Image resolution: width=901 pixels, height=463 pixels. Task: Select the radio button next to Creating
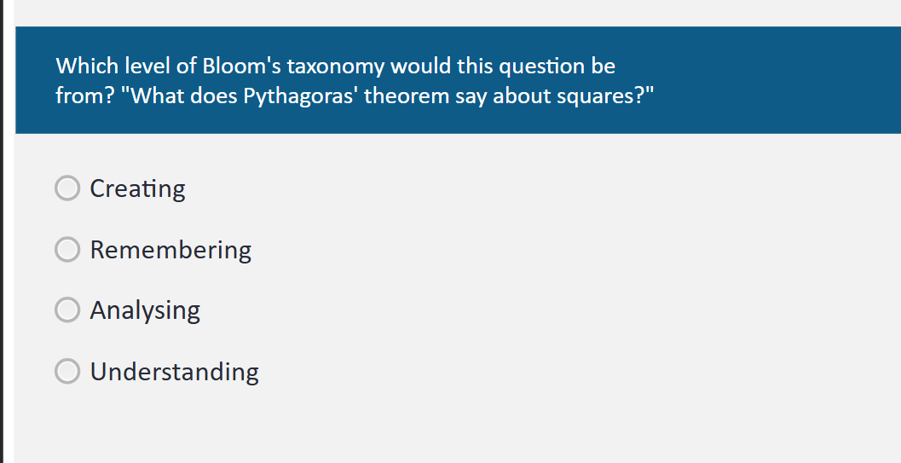67,188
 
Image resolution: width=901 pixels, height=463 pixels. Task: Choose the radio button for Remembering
67,249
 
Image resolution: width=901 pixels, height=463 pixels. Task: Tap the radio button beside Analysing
67,310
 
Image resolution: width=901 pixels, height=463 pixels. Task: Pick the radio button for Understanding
67,371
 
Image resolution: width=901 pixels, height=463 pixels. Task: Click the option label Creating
137,188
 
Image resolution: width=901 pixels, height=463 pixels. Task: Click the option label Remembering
170,250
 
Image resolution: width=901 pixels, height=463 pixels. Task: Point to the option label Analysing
145,310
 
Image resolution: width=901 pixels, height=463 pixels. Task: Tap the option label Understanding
174,372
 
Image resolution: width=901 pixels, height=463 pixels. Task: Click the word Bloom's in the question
241,66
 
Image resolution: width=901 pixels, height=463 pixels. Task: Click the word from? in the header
85,96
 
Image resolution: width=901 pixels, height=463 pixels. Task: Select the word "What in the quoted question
153,96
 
